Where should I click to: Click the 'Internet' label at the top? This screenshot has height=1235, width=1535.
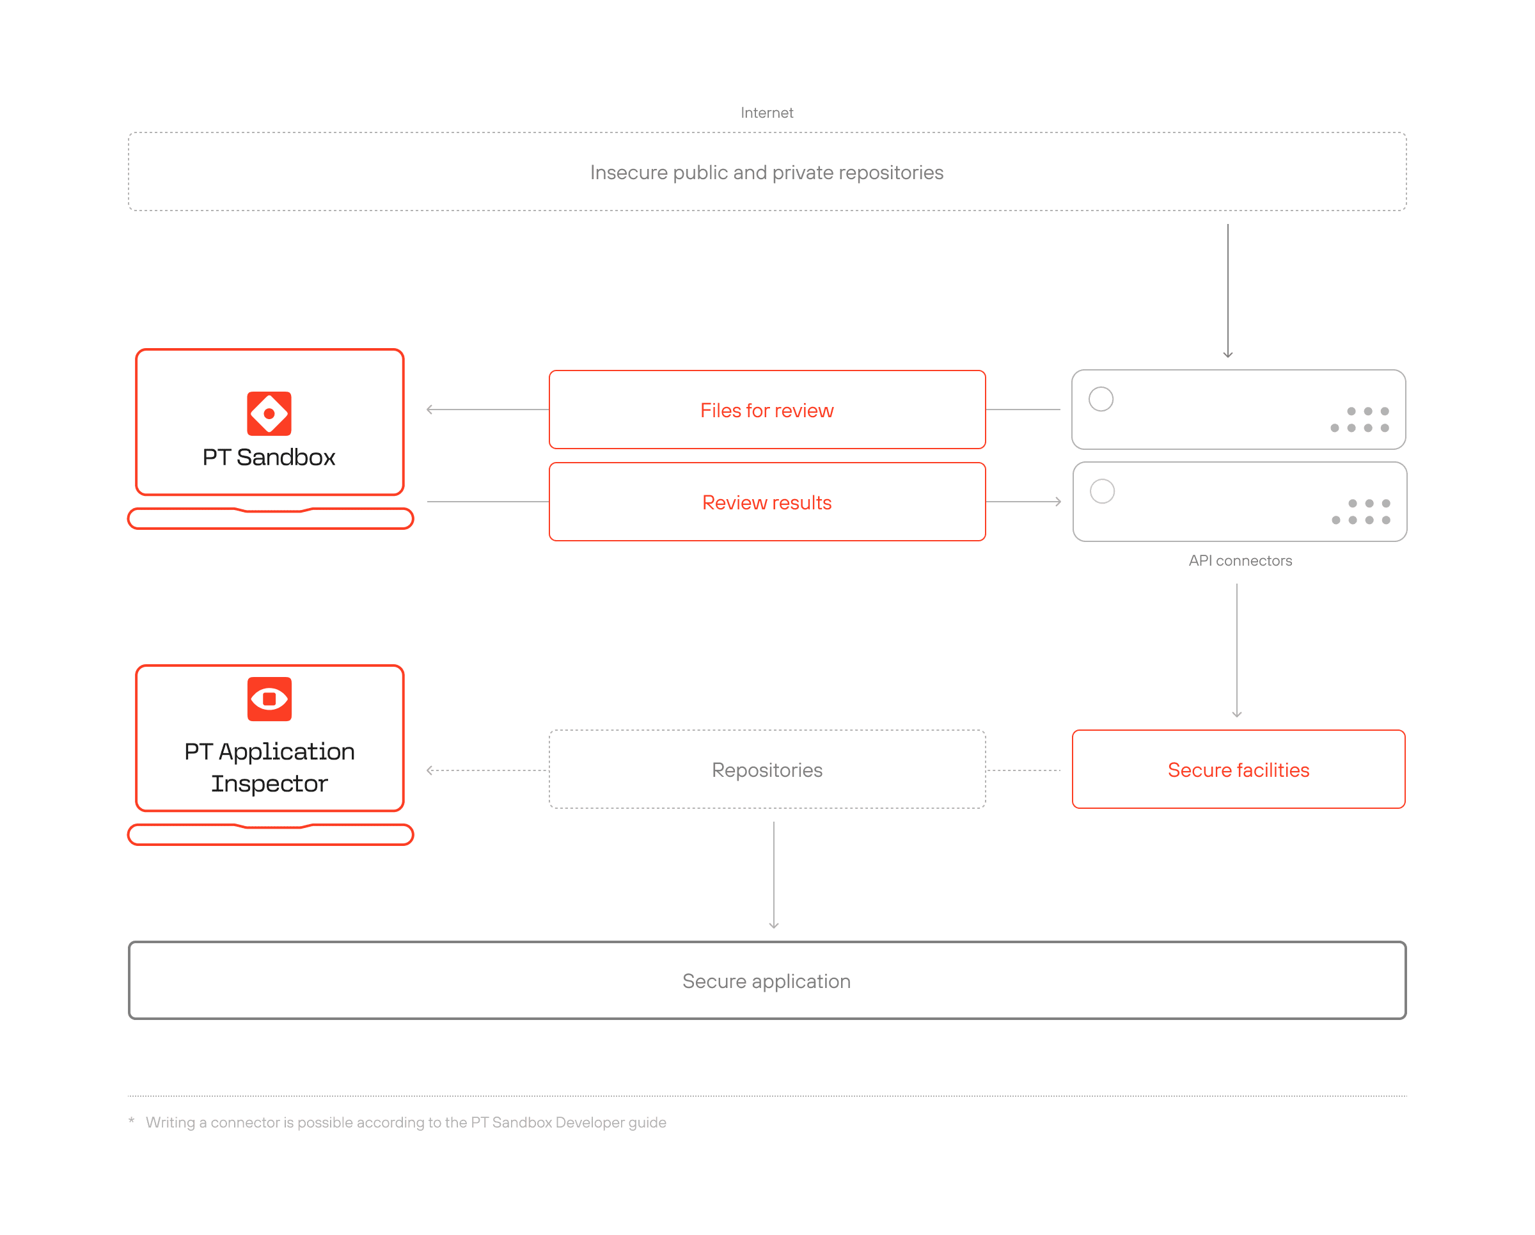point(767,113)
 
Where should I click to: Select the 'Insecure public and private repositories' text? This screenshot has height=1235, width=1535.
point(767,172)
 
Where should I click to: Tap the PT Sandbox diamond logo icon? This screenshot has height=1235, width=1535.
point(269,413)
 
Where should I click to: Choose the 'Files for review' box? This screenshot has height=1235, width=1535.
point(767,410)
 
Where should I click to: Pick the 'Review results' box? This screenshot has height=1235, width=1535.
point(767,502)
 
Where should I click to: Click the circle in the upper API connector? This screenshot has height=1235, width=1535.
point(1101,399)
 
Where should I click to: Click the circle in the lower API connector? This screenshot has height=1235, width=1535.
point(1102,491)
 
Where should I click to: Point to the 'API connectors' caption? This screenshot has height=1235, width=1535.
point(1240,561)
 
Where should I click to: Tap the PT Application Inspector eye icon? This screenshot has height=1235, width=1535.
point(269,699)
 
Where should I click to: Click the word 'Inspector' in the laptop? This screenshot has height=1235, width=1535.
point(269,783)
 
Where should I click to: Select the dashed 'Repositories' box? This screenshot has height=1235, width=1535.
point(767,769)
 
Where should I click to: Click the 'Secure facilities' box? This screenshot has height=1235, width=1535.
point(1239,769)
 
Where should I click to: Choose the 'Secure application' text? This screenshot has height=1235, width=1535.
point(767,981)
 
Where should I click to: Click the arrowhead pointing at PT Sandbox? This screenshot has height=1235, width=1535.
point(429,410)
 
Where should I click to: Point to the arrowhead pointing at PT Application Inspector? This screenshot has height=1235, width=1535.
point(429,770)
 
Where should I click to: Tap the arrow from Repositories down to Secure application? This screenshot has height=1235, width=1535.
point(774,875)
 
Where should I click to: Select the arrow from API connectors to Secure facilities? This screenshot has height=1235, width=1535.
point(1237,650)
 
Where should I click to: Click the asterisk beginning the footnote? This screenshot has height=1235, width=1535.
point(131,1120)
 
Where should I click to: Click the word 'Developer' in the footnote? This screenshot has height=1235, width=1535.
point(590,1122)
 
